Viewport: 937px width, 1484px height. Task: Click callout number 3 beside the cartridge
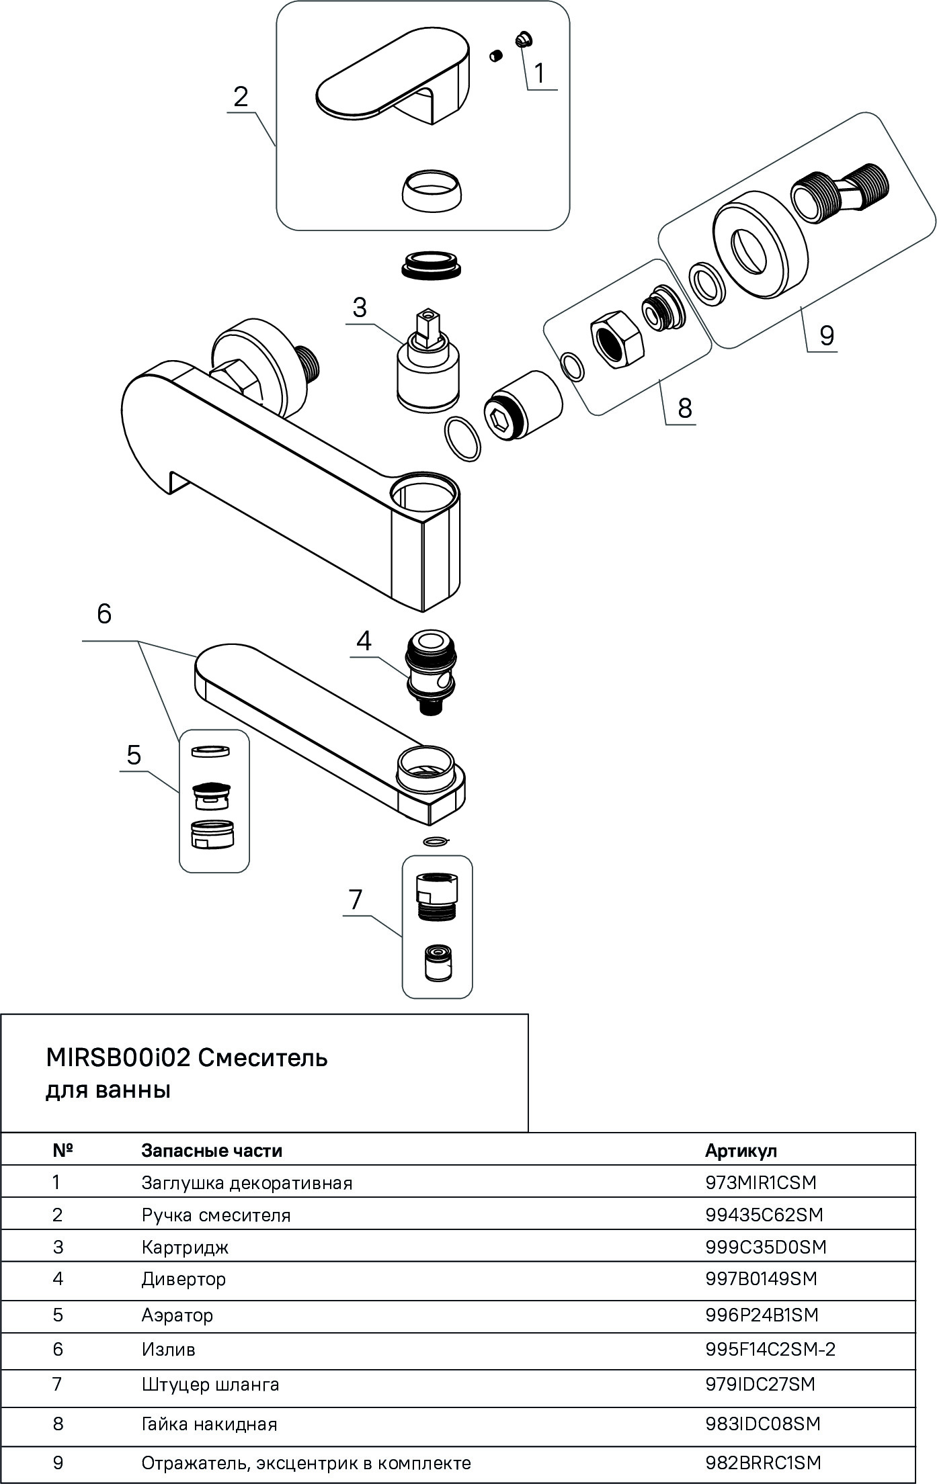[359, 308]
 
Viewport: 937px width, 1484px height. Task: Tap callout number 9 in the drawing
[826, 335]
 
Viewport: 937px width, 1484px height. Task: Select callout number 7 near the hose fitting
[356, 899]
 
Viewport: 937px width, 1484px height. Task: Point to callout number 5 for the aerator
[134, 755]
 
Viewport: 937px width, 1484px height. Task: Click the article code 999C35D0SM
[766, 1247]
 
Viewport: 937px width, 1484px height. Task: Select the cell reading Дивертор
[184, 1278]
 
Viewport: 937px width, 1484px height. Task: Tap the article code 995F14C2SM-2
[770, 1349]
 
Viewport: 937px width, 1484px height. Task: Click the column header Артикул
[741, 1151]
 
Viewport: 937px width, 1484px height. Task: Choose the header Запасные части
[212, 1151]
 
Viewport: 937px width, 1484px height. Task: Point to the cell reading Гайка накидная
[209, 1424]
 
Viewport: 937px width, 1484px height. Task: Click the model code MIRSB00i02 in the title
[118, 1058]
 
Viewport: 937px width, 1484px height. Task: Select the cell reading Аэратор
[177, 1315]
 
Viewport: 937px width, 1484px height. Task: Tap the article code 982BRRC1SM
[764, 1463]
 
